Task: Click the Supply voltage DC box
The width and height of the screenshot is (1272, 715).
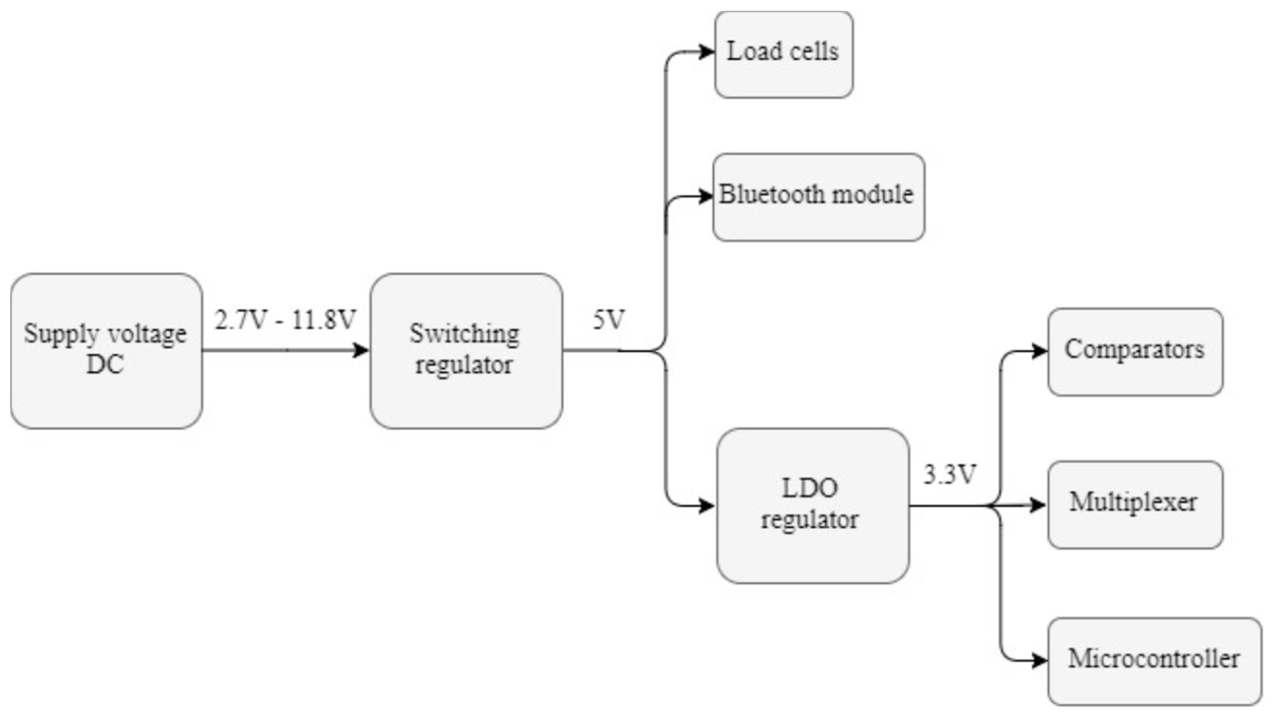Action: point(106,351)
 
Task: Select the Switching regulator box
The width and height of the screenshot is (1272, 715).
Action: point(466,351)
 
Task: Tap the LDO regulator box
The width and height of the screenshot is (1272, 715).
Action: point(813,505)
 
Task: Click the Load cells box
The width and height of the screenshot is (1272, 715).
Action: point(784,54)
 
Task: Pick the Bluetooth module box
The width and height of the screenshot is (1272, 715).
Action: point(818,197)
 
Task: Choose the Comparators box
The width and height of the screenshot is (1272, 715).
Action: point(1135,352)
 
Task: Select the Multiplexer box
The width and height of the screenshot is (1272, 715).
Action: point(1135,504)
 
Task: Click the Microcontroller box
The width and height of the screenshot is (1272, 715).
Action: point(1155,661)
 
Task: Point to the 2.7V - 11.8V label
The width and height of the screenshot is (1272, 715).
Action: point(285,320)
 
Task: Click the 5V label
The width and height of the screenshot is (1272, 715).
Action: point(608,320)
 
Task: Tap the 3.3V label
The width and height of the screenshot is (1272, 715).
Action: point(950,475)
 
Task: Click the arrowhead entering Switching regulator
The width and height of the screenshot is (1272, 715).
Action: point(362,351)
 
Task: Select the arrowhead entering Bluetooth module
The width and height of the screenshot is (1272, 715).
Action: point(706,197)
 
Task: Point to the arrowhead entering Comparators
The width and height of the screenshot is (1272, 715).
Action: point(1040,352)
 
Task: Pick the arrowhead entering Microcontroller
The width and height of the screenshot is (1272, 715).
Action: point(1040,660)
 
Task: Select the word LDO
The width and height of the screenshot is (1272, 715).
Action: point(810,488)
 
